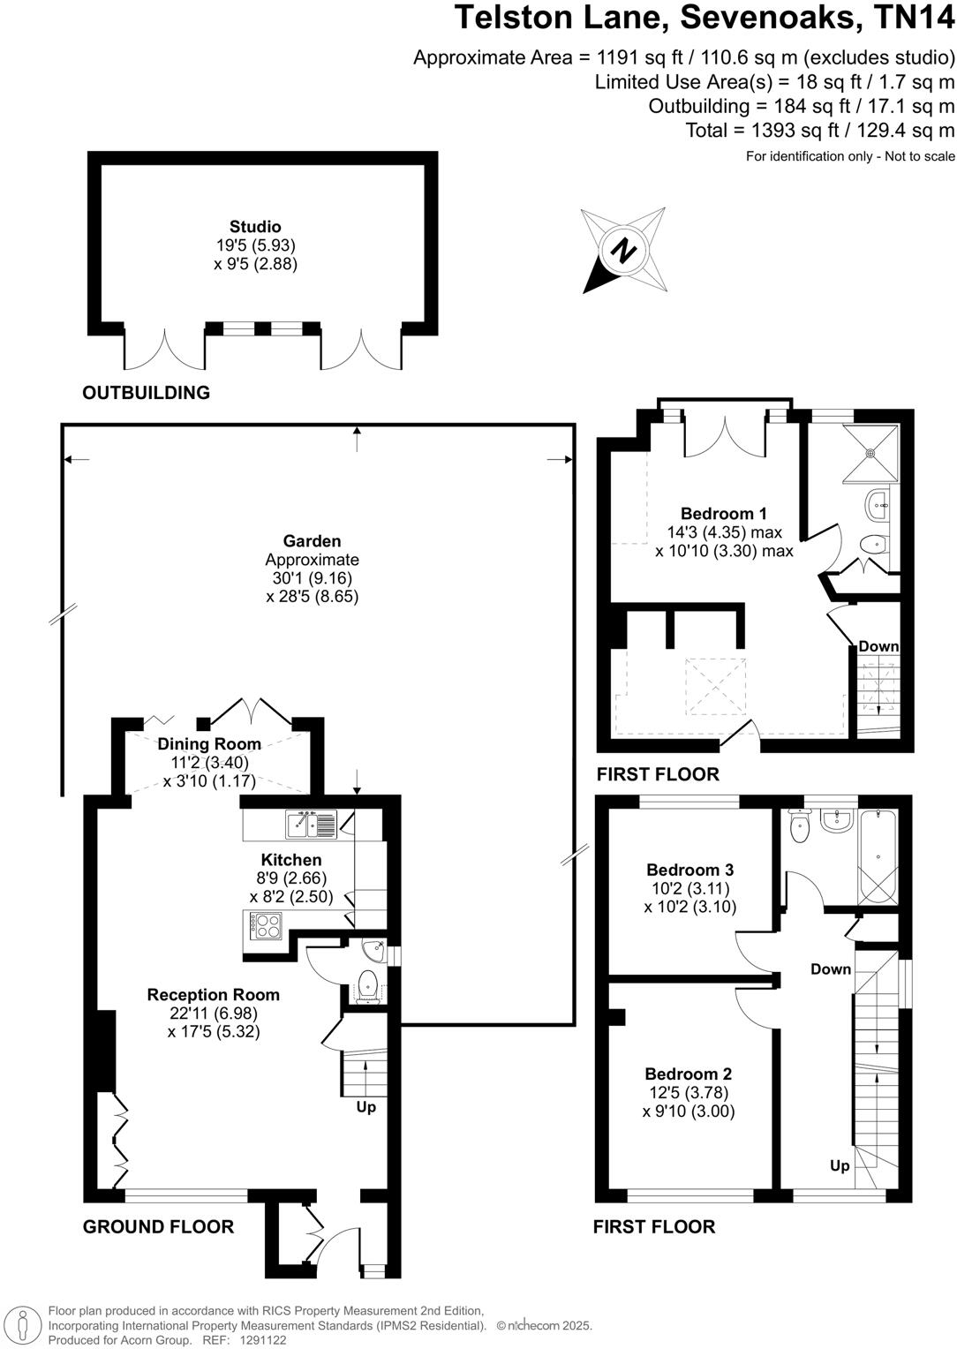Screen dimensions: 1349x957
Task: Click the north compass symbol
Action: (x=624, y=250)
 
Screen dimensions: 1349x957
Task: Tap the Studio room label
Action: (x=255, y=227)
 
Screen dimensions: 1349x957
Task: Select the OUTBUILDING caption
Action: (x=146, y=393)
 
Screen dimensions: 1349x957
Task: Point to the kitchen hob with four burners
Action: (x=266, y=925)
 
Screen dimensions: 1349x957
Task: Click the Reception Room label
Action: (x=213, y=995)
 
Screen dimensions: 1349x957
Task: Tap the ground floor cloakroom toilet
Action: (x=366, y=984)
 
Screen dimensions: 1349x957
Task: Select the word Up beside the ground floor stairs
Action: (x=365, y=1107)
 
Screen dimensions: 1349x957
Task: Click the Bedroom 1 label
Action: (x=723, y=514)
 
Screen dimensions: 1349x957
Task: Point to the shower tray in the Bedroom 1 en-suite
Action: (x=870, y=454)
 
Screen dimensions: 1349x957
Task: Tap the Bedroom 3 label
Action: (x=689, y=870)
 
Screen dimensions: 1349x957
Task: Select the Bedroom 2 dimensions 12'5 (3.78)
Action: (x=689, y=1093)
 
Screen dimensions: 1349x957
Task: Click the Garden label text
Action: (x=312, y=541)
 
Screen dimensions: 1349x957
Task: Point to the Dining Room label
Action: (x=209, y=744)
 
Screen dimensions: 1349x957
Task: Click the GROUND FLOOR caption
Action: (x=158, y=1226)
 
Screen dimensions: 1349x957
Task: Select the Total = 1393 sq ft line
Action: (x=819, y=131)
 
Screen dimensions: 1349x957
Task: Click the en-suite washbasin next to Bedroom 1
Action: (x=878, y=506)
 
